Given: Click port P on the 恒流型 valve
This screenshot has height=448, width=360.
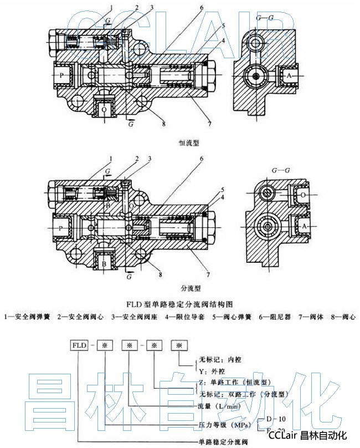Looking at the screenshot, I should [62, 74].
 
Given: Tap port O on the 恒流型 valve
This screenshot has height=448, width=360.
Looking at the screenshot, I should [104, 110].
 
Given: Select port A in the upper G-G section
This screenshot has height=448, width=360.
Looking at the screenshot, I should [289, 75].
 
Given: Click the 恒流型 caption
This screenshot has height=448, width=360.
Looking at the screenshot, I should [189, 142].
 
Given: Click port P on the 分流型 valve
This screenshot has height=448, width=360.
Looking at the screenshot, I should [61, 227].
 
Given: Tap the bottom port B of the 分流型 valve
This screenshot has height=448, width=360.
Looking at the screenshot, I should [104, 263].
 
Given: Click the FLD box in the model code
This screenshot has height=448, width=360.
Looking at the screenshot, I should [78, 345].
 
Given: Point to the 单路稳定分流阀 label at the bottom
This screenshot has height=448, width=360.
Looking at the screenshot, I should [222, 441].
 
